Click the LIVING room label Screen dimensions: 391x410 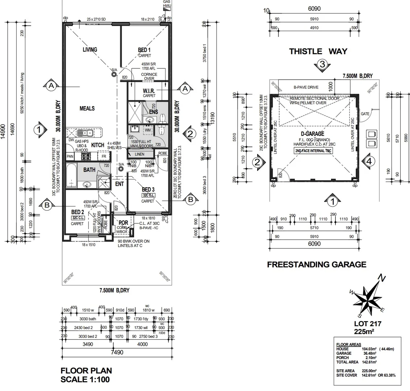click(90, 50)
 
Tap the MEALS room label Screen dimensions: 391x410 click(87, 108)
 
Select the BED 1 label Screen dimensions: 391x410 click(144, 50)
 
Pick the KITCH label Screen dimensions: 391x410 click(97, 145)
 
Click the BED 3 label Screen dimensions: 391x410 click(148, 189)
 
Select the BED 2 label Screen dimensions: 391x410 click(78, 212)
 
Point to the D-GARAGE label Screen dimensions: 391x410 click(314, 134)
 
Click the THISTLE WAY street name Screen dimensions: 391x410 click(318, 51)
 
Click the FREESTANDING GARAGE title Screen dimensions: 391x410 click(316, 264)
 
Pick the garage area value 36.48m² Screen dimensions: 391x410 click(369, 353)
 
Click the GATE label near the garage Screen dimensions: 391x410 click(365, 114)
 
